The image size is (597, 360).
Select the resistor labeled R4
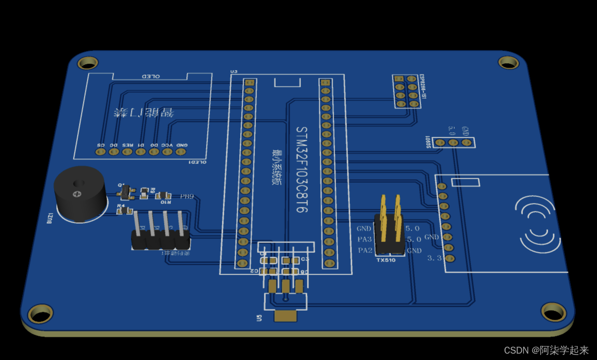tap(125, 210)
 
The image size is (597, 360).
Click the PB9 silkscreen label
tap(187, 197)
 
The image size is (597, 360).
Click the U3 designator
tap(234, 72)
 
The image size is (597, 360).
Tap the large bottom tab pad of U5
tap(285, 316)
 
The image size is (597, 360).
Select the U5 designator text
tap(259, 318)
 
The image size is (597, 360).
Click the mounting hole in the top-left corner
tap(88, 63)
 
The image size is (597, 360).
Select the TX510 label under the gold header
tap(386, 260)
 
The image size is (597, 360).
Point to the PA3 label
tap(365, 240)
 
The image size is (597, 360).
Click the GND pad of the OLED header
tap(180, 152)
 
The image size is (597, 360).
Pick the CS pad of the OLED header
tap(101, 152)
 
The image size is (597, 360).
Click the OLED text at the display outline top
tap(151, 77)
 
